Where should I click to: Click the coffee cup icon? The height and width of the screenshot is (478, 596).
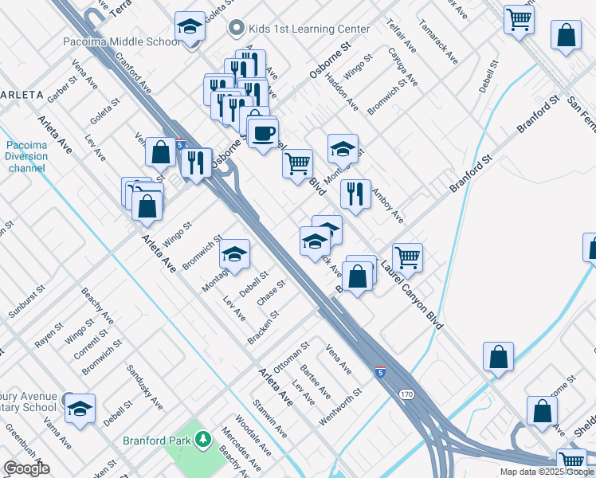[x=263, y=133]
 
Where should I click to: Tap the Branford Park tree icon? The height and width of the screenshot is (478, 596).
[x=203, y=439]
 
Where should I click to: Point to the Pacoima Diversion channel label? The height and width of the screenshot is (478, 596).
[x=27, y=156]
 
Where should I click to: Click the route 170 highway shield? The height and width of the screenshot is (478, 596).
[x=407, y=394]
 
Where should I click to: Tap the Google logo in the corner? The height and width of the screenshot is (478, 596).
[x=26, y=468]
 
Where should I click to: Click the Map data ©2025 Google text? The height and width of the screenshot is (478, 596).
[x=547, y=472]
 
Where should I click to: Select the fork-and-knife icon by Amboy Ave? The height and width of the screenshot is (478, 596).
[x=355, y=192]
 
